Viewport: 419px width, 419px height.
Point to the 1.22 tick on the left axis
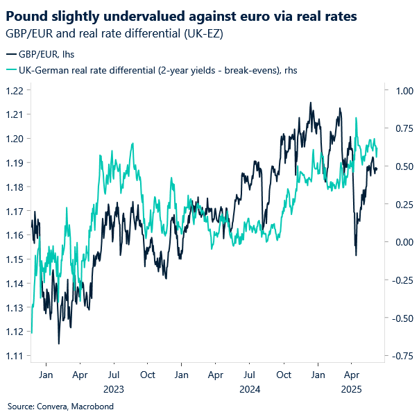click(14, 90)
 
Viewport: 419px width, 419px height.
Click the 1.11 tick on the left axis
click(14, 356)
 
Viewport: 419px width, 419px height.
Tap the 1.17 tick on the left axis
click(14, 211)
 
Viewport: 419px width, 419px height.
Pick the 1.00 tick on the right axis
click(404, 90)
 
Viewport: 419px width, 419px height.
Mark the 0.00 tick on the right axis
click(404, 242)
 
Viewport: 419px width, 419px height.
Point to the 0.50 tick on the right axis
click(404, 166)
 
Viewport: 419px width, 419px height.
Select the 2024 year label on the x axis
click(249, 389)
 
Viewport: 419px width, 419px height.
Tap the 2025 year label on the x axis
click(351, 389)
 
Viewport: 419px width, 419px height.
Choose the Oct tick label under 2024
click(283, 375)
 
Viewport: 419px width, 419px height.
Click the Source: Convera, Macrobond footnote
click(60, 406)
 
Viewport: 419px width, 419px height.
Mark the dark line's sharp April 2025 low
click(356, 255)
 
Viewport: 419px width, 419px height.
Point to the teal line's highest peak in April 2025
click(356, 118)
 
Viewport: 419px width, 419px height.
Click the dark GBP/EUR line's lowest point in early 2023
click(58, 343)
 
